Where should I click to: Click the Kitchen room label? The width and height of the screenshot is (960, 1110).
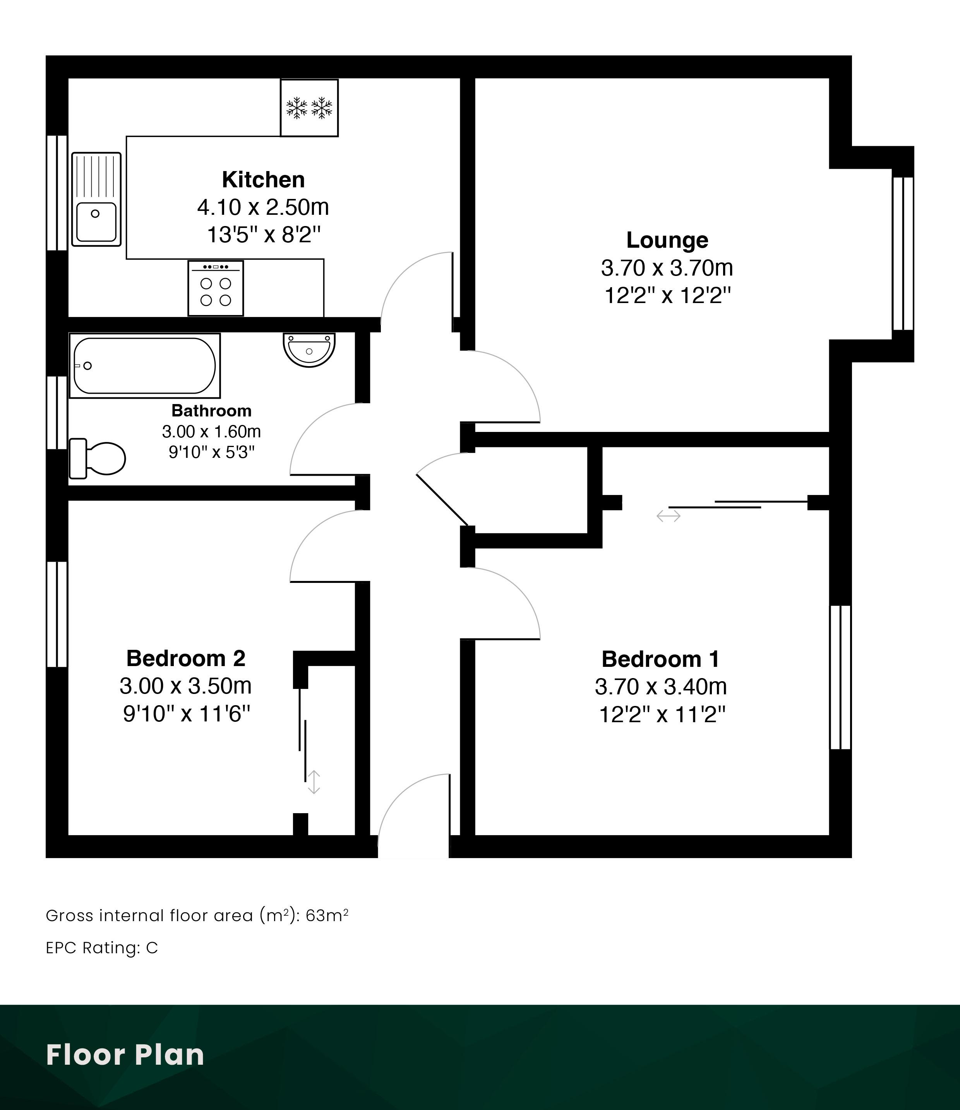coord(263,180)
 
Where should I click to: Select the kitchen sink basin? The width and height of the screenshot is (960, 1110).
coord(96,222)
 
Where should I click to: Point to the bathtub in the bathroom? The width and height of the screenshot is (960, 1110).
coord(145,366)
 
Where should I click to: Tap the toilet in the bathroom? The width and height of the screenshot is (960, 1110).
coord(97,458)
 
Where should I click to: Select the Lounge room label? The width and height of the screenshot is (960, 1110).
coord(667,240)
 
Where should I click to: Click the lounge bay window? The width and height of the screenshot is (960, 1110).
coord(903,254)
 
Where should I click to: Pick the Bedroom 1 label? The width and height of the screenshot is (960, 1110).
coord(660,659)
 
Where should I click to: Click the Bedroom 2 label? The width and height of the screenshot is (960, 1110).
coord(186,658)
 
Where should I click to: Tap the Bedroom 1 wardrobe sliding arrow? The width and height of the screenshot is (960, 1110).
coord(669,516)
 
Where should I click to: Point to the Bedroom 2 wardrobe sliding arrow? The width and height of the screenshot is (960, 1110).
coord(314,782)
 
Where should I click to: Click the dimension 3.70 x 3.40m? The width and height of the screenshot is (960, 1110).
coord(660,686)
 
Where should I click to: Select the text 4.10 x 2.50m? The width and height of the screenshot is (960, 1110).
coord(263,207)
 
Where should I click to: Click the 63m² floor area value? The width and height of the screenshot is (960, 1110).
coord(327,916)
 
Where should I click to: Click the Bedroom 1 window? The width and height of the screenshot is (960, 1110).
coord(840,677)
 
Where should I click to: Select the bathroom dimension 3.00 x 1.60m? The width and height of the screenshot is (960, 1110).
coord(212,431)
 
